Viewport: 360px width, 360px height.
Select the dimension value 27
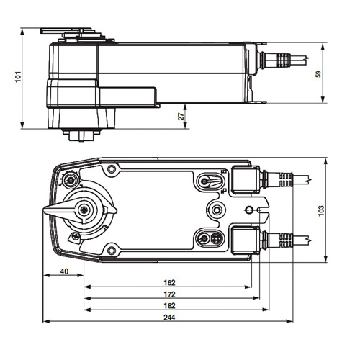pos(181,115)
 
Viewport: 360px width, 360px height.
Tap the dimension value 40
pos(65,271)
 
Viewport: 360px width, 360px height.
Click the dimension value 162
pos(170,283)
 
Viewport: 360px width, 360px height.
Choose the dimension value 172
pos(170,294)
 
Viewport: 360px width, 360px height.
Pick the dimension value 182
pos(170,306)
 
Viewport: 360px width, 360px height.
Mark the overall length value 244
pos(170,318)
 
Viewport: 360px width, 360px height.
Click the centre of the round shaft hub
pos(86,210)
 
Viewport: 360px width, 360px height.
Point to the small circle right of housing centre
pos(249,210)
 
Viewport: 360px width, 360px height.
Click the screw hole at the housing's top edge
pos(112,170)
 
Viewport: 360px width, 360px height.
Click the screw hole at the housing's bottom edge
pos(112,250)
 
